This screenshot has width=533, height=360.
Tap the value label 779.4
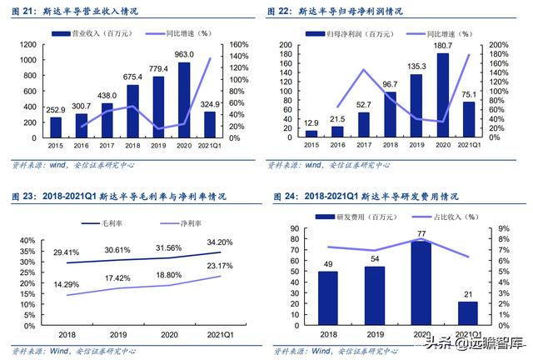coord(157,68)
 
